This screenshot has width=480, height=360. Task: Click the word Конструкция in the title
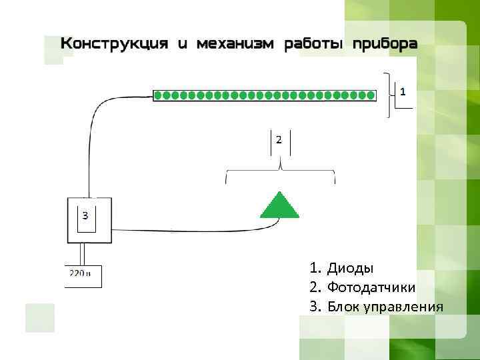pos(114,45)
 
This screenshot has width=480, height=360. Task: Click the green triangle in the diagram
pos(279,206)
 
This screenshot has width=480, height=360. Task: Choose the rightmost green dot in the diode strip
pos(371,95)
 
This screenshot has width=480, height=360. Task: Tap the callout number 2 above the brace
pos(278,140)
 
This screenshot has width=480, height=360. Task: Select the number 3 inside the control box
pos(85,215)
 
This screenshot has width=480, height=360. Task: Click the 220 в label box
pos(83,276)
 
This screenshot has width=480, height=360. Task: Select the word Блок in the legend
pos(343,307)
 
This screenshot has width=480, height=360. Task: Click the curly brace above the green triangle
pos(281,172)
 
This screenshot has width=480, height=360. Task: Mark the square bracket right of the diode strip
pos(390,95)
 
